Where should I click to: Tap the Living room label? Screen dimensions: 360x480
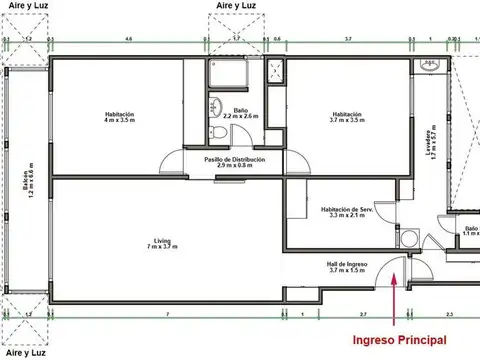[163, 243]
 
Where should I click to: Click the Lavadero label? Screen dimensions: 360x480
[431, 148]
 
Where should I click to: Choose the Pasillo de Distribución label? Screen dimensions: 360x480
[234, 162]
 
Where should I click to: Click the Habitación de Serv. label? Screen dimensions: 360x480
[347, 212]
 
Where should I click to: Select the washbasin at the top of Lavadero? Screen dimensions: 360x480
[431, 68]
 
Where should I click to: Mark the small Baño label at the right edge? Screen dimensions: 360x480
[471, 230]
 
